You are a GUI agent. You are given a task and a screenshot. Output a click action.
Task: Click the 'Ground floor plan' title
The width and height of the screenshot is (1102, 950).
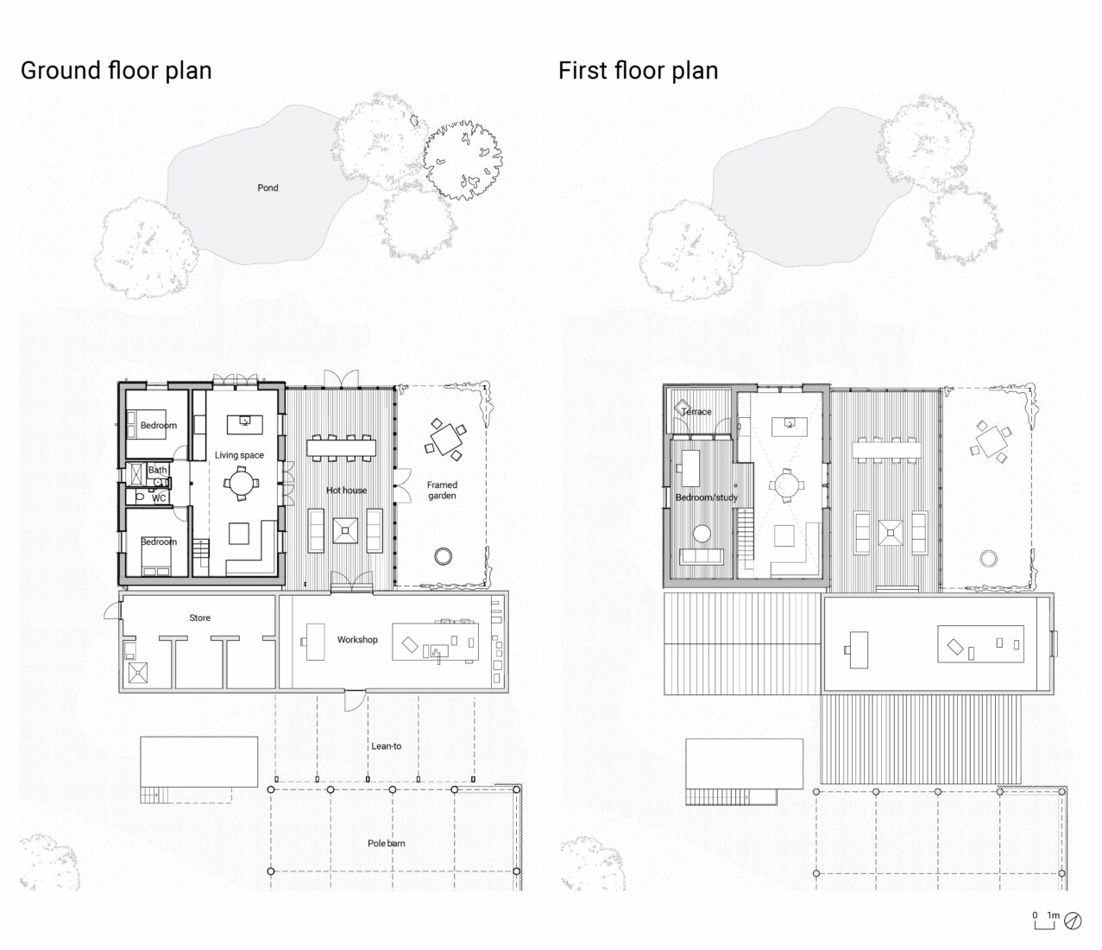point(116,70)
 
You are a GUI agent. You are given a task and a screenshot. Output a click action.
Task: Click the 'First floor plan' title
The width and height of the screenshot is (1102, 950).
point(638,70)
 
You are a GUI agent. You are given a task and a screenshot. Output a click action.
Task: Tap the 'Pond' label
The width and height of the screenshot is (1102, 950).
point(268,187)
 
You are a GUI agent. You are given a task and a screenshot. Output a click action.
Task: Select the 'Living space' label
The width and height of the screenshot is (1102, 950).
point(239,455)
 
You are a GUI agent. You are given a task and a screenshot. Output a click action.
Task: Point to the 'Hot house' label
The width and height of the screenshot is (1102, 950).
point(346,491)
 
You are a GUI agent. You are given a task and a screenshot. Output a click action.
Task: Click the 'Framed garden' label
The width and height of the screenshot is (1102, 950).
point(442,491)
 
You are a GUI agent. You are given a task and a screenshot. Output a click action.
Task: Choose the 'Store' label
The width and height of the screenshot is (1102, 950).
point(199,618)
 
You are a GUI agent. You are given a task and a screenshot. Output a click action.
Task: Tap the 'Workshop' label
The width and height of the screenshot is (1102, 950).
point(357,640)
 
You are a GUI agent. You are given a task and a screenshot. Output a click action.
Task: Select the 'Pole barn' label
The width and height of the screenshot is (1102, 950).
point(386,843)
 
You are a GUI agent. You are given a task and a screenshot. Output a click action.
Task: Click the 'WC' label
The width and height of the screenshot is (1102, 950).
point(159,498)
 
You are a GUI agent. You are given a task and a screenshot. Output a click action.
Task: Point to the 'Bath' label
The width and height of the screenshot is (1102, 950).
point(157,471)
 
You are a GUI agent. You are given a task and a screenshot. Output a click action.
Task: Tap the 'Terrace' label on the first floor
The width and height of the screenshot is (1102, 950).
point(696,412)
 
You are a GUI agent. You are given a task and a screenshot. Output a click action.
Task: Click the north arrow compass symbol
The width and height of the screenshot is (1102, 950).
point(1074,921)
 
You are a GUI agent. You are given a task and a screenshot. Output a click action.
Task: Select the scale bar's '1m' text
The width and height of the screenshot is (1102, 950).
point(1053,915)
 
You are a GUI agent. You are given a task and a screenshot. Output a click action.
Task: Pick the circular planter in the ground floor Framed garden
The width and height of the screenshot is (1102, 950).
point(444,555)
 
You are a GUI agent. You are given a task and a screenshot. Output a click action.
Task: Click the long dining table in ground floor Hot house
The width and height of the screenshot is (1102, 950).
point(342,447)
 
